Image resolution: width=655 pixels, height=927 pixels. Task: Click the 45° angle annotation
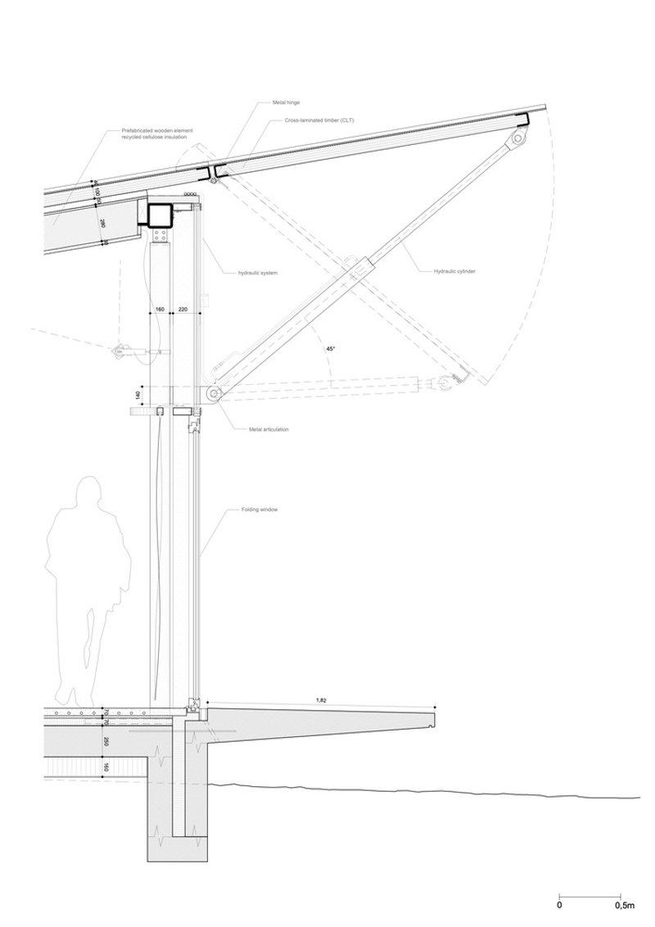coord(331,349)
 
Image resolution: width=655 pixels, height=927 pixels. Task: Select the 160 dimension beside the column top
coord(159,310)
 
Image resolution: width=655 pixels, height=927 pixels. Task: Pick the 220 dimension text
coord(183,310)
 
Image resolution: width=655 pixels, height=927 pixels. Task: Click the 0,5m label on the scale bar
coord(623,906)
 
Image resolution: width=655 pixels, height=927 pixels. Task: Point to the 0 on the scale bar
coord(559,906)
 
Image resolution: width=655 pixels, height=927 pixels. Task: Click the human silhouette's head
coord(84,495)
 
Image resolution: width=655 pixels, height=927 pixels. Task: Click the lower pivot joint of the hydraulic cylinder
coord(212,395)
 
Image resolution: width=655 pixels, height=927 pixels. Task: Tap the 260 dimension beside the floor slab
coord(106,742)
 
